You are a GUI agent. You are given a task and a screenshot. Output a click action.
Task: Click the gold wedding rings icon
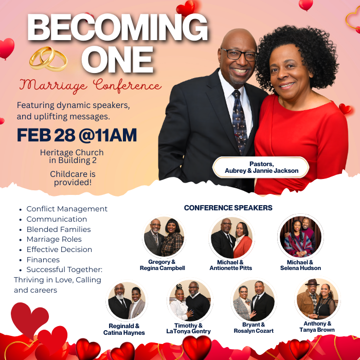click(48, 59)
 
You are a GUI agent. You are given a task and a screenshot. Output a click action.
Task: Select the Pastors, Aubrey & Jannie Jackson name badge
click(261, 167)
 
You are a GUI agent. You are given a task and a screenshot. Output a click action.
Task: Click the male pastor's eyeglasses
click(239, 55)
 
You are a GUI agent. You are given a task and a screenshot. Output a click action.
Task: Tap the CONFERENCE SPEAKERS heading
click(228, 208)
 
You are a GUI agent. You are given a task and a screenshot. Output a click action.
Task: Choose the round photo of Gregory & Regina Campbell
click(164, 238)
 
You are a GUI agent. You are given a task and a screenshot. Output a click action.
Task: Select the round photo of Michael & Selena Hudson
click(300, 237)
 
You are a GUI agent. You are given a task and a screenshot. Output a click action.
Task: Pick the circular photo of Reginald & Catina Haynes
click(127, 301)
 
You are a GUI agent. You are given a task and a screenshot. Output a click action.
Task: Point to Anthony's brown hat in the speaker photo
click(312, 283)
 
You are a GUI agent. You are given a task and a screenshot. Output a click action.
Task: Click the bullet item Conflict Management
click(67, 209)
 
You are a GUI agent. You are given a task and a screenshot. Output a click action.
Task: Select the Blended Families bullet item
click(59, 229)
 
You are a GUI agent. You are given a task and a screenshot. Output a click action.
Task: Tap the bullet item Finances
click(43, 260)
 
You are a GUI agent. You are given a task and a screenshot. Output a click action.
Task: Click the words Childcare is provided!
click(73, 178)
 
